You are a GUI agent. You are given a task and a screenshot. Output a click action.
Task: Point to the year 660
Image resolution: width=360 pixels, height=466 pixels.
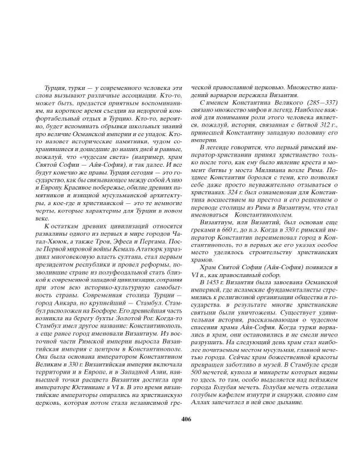click(x=235, y=233)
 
